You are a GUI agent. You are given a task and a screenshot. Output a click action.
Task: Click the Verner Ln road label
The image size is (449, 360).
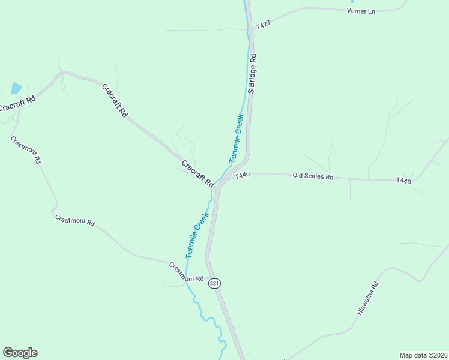click(361, 11)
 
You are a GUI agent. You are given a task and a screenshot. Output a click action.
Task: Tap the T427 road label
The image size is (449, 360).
click(263, 25)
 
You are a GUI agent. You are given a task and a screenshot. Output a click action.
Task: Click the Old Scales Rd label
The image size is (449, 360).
click(312, 176)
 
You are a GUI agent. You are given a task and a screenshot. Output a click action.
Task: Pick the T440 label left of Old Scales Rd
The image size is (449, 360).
click(242, 175)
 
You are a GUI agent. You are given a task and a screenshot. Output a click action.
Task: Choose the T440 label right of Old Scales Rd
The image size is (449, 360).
click(403, 181)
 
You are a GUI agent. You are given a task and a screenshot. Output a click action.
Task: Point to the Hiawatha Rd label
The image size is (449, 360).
click(368, 299)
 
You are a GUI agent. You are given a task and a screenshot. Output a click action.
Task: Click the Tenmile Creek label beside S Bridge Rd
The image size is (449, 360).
click(236, 138)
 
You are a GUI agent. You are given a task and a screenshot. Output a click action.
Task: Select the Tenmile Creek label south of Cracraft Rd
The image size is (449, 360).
click(197, 235)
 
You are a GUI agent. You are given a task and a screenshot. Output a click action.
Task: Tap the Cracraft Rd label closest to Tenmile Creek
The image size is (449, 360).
click(197, 173)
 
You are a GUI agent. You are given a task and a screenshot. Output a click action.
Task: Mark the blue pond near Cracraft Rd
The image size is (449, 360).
click(16, 88)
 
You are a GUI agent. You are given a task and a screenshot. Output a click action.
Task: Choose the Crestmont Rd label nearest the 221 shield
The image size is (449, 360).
click(186, 272)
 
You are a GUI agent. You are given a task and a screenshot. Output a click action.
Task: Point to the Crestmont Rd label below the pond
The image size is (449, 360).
click(26, 149)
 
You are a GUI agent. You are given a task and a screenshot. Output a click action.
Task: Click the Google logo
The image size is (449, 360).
click(20, 353)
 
